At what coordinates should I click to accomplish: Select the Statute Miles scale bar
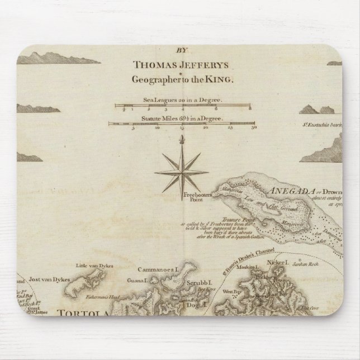[x=181, y=124]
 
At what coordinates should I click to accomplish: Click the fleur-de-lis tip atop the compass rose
[x=181, y=144]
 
